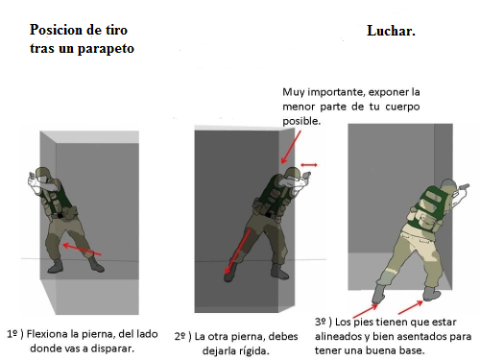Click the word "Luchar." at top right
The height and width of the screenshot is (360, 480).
391,31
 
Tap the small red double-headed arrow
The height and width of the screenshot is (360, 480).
309,165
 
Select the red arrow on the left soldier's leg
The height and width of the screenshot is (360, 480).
82,250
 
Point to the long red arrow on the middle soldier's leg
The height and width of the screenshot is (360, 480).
237,252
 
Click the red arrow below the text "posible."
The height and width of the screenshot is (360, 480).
291,147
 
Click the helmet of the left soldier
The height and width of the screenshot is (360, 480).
41,173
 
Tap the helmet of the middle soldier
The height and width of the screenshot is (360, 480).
292,173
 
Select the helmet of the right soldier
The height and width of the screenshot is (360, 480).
448,184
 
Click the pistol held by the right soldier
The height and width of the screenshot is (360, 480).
464,186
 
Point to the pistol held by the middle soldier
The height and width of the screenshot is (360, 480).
306,176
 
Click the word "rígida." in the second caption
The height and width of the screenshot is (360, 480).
251,351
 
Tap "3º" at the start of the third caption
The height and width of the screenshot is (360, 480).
320,322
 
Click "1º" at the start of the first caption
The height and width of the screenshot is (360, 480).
12,334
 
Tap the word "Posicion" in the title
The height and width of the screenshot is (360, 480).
57,30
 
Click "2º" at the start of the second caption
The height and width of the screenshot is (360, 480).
180,336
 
